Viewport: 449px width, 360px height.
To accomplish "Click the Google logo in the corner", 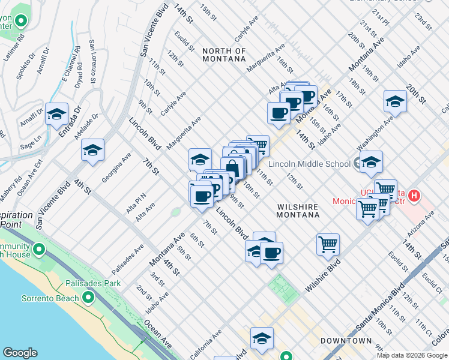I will click(x=20, y=353).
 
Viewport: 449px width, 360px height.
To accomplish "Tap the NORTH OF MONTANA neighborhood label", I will click(x=224, y=55).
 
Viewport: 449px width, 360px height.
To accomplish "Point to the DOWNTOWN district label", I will click(x=345, y=341).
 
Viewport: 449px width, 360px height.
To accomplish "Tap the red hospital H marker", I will click(x=413, y=195).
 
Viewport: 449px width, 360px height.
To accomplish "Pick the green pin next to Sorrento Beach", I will click(x=88, y=297).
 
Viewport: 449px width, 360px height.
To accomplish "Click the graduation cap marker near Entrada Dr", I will click(x=56, y=114).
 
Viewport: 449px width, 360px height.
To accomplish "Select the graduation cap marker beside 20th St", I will click(x=395, y=101).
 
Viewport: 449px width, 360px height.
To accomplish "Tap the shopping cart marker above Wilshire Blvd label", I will click(x=328, y=244).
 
